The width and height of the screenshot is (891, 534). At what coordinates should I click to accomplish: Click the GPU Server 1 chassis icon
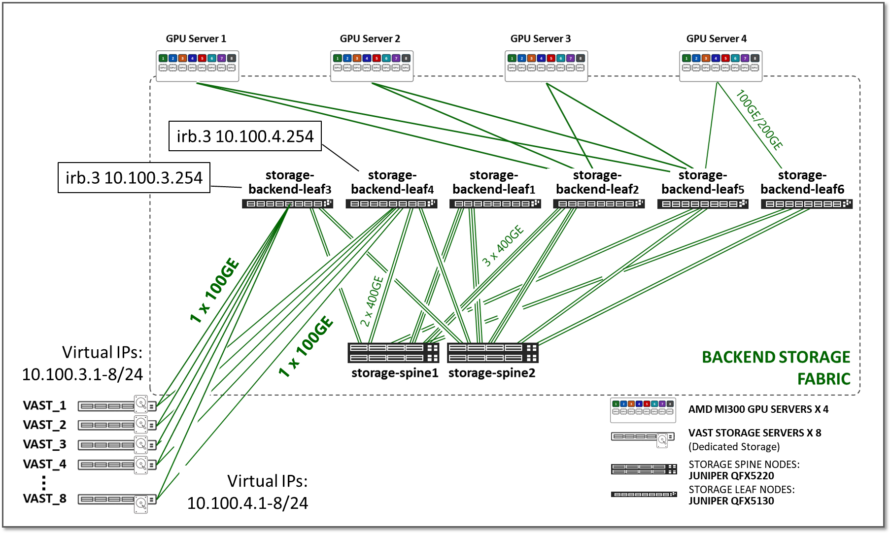point(197,66)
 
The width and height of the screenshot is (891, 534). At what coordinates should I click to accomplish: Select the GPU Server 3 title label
point(540,38)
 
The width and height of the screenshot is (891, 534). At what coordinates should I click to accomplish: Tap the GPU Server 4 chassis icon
point(720,66)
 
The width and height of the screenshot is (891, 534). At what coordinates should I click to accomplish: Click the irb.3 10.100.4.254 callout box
point(245,136)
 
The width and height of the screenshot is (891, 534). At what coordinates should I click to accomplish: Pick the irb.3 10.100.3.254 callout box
point(134,177)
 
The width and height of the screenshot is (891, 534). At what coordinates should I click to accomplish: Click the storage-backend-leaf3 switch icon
point(287,203)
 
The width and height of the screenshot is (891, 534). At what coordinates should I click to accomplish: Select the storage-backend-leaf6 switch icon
point(806,203)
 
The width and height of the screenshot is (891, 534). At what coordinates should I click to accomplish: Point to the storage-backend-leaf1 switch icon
point(495,203)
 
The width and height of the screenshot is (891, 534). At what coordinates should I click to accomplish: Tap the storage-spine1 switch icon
point(393,353)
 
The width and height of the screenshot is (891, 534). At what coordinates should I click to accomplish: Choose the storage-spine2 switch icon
point(492,353)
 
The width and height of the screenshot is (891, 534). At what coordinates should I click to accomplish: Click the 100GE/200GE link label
point(759,120)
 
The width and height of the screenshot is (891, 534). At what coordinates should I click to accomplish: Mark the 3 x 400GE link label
point(502,246)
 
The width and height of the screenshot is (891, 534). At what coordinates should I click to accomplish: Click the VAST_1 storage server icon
point(117,406)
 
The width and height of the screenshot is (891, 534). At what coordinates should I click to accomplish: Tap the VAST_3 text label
point(44,444)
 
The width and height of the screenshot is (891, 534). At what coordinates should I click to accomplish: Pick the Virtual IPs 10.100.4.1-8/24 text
point(248,492)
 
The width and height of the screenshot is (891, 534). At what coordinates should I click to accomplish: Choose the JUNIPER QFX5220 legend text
point(731,476)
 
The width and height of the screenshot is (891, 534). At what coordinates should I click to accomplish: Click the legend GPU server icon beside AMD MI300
point(643,410)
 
